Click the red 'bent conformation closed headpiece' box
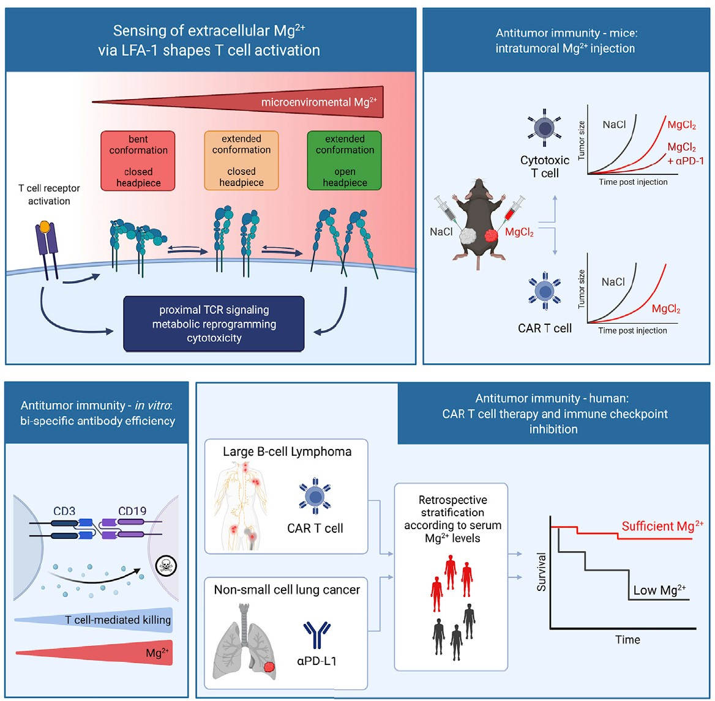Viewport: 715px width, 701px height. coord(138,161)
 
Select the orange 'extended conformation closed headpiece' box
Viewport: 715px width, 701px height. coord(241,160)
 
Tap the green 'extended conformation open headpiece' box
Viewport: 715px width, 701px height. coord(344,160)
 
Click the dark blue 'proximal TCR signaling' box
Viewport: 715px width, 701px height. coord(214,324)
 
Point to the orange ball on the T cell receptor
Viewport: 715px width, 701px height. coord(45,226)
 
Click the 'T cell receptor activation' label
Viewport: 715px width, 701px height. coord(49,195)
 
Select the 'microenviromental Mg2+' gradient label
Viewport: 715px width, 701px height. coord(319,102)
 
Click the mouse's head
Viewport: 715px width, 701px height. coord(478,188)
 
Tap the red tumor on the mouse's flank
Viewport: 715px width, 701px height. coord(491,236)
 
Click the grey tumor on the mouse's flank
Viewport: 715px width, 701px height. coord(468,236)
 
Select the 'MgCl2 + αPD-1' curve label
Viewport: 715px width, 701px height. coord(686,154)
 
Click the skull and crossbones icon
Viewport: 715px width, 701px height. coord(165,566)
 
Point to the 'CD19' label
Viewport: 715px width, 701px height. coord(132,511)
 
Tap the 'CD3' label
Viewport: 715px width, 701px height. coord(64,511)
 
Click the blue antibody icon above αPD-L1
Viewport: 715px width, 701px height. coord(316,634)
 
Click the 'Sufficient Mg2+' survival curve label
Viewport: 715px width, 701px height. coord(662,525)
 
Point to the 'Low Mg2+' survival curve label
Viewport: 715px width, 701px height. coord(659,590)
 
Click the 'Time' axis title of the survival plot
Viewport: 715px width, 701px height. coord(627,639)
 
